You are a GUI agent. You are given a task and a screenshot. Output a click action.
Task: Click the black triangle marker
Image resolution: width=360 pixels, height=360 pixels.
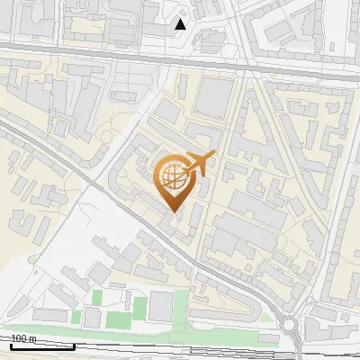[x=181, y=24]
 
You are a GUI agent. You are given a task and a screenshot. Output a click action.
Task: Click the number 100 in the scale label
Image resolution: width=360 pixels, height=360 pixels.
[x=19, y=338]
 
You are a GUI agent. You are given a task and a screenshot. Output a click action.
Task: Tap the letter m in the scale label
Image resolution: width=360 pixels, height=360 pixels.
[x=32, y=338]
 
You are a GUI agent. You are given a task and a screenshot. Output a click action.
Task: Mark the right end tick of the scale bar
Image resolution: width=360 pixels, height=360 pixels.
[x=74, y=345]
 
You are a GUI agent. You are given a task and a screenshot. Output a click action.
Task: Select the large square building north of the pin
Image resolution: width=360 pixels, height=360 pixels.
[x=214, y=98]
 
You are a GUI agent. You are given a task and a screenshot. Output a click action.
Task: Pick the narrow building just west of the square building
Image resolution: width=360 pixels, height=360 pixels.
[x=184, y=87]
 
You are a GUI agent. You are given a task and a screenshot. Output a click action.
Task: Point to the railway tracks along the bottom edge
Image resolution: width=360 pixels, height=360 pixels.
[x=180, y=351]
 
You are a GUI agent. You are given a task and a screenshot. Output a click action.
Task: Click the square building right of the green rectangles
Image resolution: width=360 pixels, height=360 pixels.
[x=160, y=307]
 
